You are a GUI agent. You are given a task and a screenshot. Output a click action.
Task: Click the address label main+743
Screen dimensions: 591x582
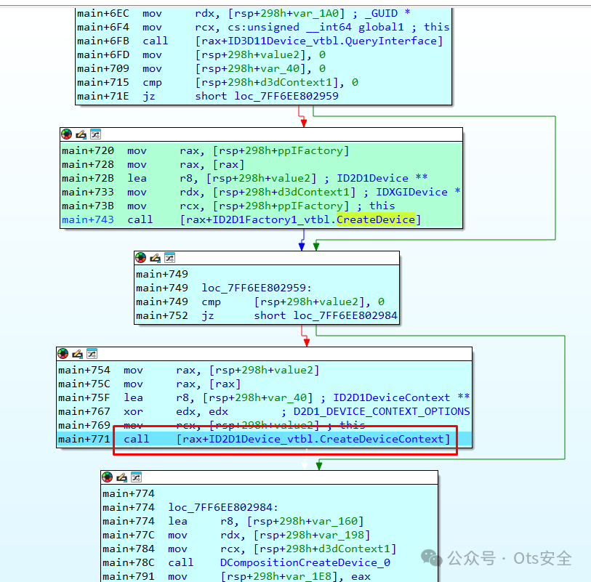[x=88, y=219]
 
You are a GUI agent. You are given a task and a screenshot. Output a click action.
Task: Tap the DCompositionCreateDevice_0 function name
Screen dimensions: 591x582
[x=305, y=562]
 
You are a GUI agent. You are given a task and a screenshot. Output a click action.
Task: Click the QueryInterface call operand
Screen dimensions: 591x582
[x=319, y=41]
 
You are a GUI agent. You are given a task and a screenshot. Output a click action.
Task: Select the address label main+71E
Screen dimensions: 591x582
[x=103, y=96]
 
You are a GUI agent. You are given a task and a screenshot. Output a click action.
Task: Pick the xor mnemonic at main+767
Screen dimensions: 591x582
[x=133, y=411]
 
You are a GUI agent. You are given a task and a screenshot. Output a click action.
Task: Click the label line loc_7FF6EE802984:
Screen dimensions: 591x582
[x=223, y=508]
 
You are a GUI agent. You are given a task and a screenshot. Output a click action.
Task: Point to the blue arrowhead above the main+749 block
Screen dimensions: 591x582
[x=302, y=246]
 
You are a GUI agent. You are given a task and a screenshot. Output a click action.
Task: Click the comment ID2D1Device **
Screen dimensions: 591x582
[x=382, y=178]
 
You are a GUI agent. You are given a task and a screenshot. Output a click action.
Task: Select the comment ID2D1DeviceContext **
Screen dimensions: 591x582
[x=401, y=397]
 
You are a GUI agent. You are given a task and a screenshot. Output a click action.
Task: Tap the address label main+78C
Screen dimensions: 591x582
[x=129, y=562]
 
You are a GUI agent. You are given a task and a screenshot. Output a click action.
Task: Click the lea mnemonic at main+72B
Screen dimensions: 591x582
[x=137, y=178]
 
